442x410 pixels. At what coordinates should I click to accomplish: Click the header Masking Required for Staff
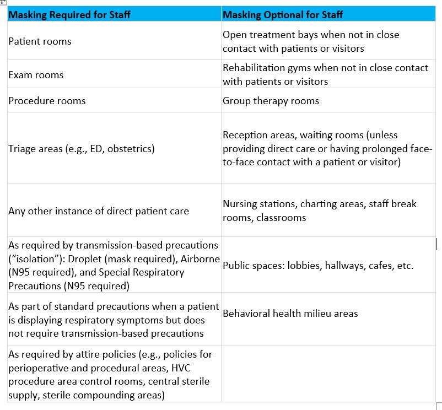[x=69, y=15]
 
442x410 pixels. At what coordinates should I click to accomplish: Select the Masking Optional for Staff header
[x=283, y=15]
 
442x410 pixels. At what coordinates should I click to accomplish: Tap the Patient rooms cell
[x=40, y=41]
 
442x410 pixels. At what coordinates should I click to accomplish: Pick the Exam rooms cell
[x=36, y=75]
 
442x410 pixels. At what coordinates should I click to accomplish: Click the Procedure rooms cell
[x=47, y=101]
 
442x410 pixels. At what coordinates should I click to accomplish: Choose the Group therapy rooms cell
[x=271, y=101]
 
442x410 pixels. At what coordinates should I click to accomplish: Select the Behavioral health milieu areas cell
[x=290, y=314]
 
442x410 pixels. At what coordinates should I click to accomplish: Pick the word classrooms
[x=280, y=218]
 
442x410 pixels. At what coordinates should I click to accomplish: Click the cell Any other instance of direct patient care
[x=99, y=211]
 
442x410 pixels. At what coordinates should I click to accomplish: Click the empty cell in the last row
[x=328, y=374]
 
